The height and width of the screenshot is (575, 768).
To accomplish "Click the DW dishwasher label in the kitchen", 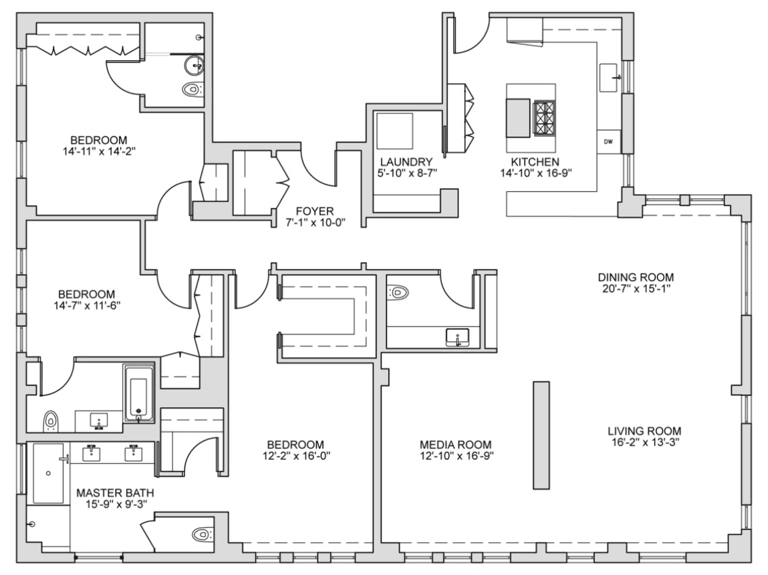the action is tap(608, 142).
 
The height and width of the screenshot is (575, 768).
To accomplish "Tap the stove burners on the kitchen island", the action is tap(544, 118).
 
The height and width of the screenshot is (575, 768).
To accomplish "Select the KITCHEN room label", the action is tap(535, 162).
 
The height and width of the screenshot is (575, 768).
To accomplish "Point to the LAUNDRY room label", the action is tap(406, 162).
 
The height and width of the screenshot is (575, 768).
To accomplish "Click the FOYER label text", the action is tap(314, 211).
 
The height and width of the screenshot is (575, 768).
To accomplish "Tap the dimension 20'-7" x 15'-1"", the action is tap(636, 288).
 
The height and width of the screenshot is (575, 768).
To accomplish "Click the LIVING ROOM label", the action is tap(644, 431).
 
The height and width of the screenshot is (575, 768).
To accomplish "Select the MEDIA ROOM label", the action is tap(455, 445).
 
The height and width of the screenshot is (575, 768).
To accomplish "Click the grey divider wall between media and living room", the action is tap(541, 435).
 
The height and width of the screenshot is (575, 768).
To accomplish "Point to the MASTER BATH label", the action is tap(115, 493).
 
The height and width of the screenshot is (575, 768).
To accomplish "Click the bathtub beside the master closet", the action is tap(138, 393).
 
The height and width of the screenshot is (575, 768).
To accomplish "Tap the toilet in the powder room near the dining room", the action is tap(398, 293).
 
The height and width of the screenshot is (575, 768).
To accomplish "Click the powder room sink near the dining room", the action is tap(457, 338).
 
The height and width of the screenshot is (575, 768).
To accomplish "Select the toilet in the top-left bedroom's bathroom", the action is tap(193, 89).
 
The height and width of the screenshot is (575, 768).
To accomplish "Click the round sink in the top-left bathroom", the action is tap(195, 65).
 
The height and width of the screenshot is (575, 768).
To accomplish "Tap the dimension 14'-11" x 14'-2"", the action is tap(99, 151).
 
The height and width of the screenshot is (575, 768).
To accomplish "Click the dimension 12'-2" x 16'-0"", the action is tap(295, 456).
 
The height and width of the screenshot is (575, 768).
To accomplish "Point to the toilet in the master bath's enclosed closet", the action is tap(203, 534).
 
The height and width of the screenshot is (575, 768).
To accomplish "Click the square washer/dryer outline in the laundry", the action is tap(394, 131).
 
